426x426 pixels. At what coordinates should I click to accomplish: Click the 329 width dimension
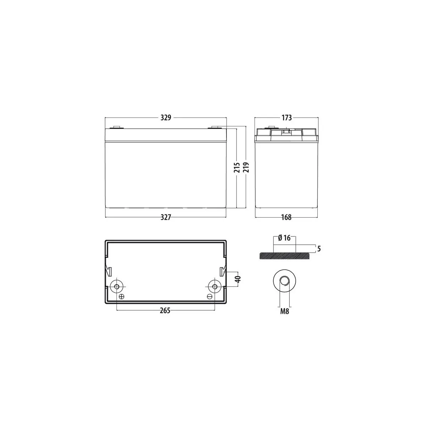[x=166, y=118]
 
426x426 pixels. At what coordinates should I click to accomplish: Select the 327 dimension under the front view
[x=166, y=217]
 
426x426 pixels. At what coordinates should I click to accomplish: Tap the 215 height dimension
[x=237, y=168]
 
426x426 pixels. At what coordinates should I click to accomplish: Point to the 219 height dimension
[x=246, y=167]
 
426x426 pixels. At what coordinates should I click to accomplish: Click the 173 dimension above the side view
[x=287, y=118]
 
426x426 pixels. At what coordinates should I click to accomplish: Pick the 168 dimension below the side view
[x=286, y=217]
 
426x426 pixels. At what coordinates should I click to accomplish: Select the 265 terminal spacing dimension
[x=165, y=311]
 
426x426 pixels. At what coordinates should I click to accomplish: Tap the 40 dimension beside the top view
[x=238, y=279]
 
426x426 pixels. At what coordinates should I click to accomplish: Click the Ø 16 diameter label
[x=284, y=238]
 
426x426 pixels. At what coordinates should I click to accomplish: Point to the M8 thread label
[x=285, y=311]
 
